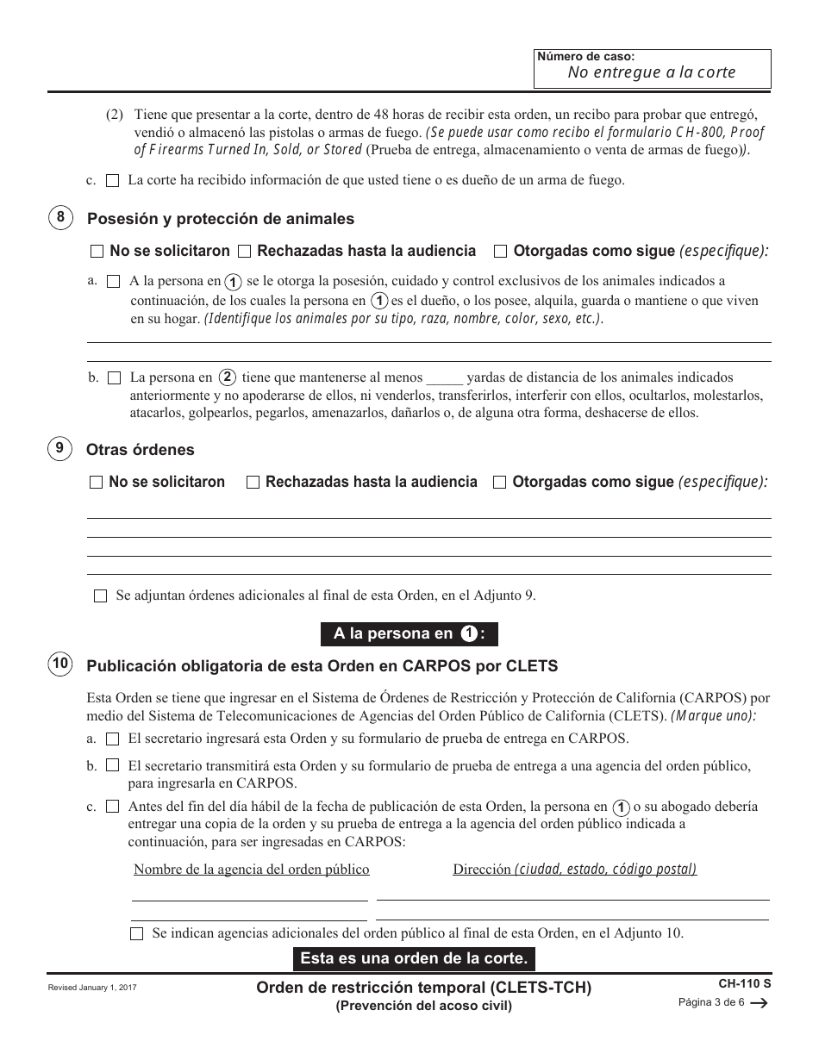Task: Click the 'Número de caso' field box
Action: [x=652, y=66]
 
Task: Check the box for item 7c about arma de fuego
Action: [x=113, y=181]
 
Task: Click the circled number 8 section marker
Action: [x=59, y=218]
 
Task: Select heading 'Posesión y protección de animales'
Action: [x=220, y=219]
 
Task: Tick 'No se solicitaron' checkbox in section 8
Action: [x=96, y=252]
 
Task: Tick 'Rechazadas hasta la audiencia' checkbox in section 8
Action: [x=244, y=252]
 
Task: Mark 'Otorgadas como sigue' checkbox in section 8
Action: [x=500, y=252]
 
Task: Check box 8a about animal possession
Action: [x=113, y=282]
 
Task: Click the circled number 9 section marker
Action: [x=59, y=448]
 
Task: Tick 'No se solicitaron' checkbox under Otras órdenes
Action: [x=96, y=483]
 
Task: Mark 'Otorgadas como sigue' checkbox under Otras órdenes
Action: [x=499, y=483]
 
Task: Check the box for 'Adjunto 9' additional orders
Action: [x=100, y=595]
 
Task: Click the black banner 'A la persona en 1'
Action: [x=409, y=633]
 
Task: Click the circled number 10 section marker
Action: [x=59, y=664]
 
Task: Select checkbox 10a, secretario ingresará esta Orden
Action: [x=113, y=739]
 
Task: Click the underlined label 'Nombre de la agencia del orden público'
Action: [x=251, y=870]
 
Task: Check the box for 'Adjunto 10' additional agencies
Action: [x=136, y=933]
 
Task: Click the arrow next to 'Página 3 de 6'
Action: [x=760, y=1003]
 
